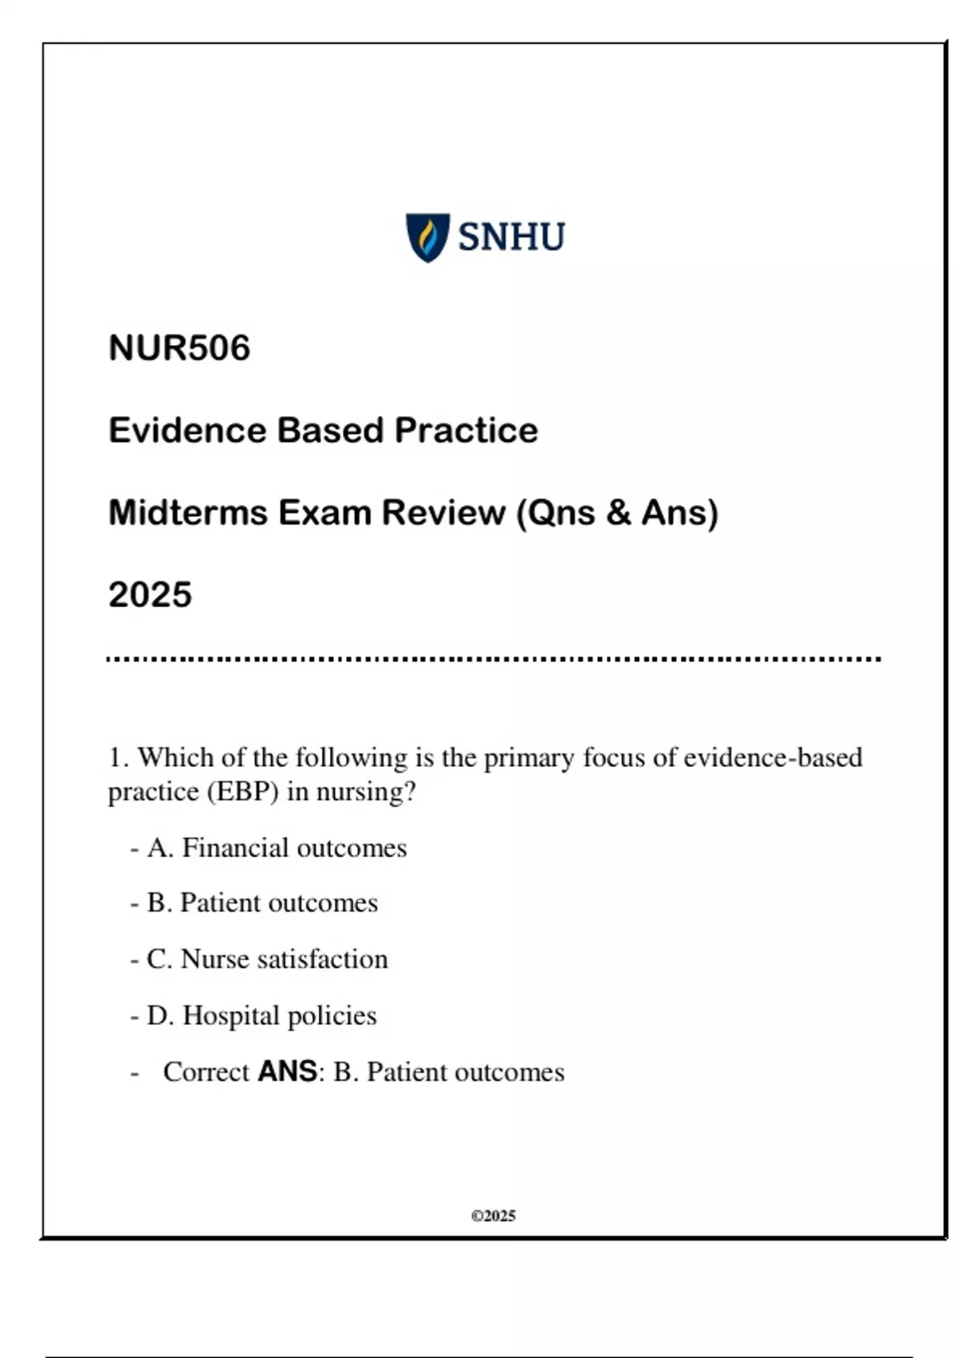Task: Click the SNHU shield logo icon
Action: [428, 237]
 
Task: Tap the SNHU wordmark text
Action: [511, 237]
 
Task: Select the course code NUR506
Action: [179, 348]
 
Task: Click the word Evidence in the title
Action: [187, 431]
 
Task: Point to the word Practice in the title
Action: [466, 431]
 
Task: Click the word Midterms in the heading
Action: [187, 513]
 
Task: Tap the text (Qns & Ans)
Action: [618, 513]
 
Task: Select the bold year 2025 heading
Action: [150, 595]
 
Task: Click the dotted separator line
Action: [493, 660]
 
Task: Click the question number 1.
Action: [117, 757]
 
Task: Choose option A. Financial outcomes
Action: [277, 848]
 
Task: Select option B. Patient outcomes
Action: [262, 903]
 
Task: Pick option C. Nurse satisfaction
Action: [267, 959]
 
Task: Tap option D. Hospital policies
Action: [261, 1015]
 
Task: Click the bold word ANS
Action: [287, 1071]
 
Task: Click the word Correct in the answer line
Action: [206, 1072]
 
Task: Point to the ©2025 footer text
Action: [493, 1216]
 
